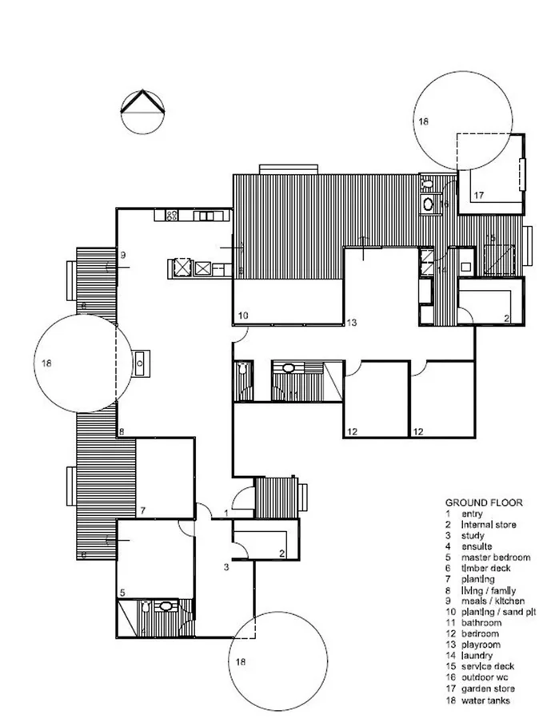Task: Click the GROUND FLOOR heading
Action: coord(484,502)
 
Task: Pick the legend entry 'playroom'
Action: coord(481,644)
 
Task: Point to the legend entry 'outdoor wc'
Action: coord(484,677)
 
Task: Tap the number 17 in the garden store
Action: coord(478,195)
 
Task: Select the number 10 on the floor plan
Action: coord(244,316)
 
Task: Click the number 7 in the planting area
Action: coord(142,510)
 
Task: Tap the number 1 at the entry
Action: coord(226,512)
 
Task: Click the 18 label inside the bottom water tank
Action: coord(241,662)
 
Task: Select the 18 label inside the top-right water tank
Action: coord(422,122)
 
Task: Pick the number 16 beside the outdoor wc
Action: coord(444,204)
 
